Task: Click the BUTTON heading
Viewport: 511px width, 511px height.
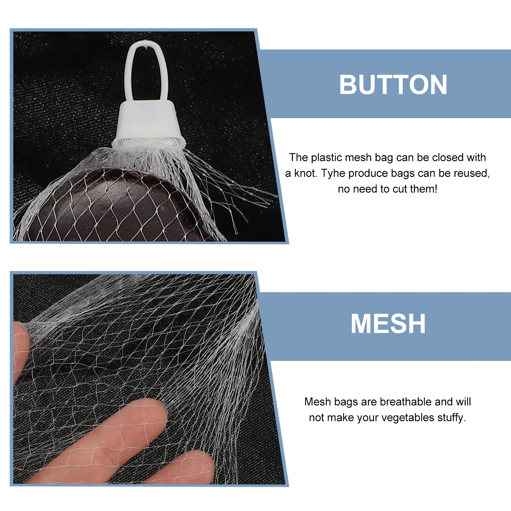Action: [393, 85]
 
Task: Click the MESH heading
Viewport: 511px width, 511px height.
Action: [388, 324]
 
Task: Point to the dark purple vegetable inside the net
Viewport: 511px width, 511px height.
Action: [105, 204]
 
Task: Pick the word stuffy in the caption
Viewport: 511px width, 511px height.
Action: [451, 418]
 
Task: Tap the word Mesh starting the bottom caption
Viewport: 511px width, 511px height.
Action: [317, 402]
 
